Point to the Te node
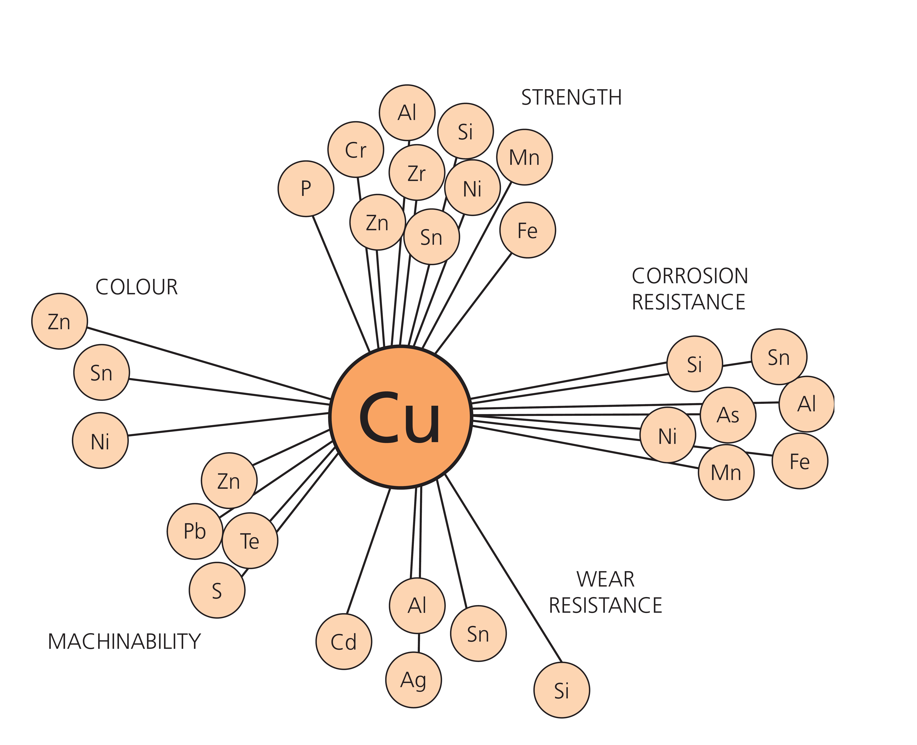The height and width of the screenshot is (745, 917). tap(250, 541)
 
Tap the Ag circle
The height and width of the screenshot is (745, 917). tap(413, 680)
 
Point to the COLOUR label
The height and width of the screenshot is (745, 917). tap(136, 287)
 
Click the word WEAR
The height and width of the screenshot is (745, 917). tap(605, 579)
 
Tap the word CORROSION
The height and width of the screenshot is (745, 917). tap(690, 276)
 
